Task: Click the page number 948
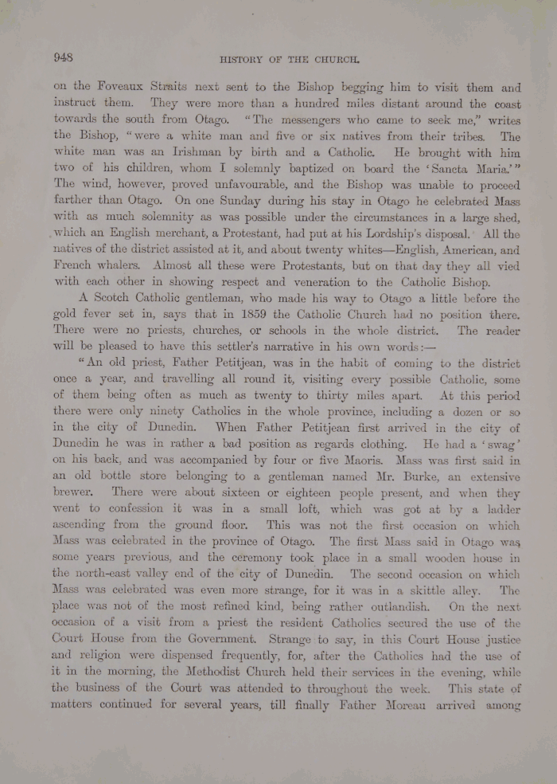click(x=63, y=57)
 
